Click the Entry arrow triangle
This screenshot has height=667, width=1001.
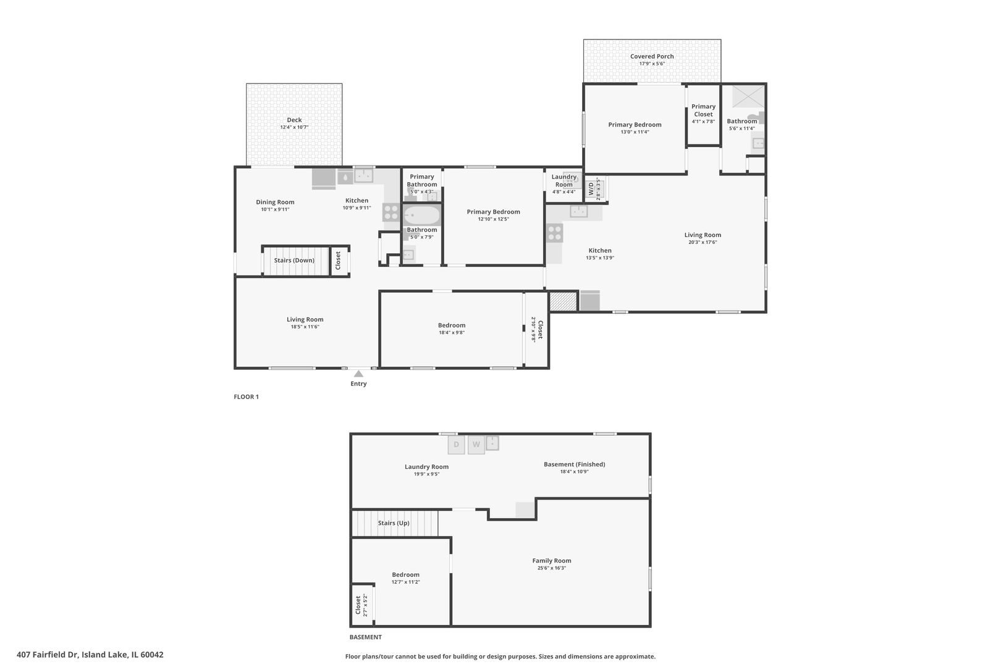358,374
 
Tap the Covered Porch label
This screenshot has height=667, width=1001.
652,56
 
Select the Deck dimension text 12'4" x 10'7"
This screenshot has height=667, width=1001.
295,127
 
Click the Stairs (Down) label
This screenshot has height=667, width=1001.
294,261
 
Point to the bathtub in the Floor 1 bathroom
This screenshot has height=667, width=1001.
422,216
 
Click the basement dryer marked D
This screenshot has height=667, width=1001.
456,445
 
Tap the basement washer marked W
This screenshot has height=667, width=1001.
476,445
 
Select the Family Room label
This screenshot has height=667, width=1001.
552,561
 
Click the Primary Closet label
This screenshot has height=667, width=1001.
703,111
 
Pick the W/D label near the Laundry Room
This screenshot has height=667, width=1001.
591,188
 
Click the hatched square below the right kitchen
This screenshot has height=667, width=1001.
563,301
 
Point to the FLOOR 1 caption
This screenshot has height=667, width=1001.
246,396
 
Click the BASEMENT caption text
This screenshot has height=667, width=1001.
366,637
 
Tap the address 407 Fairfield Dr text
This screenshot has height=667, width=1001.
48,655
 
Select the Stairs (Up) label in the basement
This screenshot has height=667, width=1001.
394,523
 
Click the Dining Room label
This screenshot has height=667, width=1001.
276,202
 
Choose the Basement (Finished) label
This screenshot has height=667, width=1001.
575,464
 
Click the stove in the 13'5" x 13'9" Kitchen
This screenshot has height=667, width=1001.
555,233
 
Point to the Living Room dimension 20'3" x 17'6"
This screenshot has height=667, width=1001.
703,243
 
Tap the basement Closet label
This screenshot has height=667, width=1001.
358,605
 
